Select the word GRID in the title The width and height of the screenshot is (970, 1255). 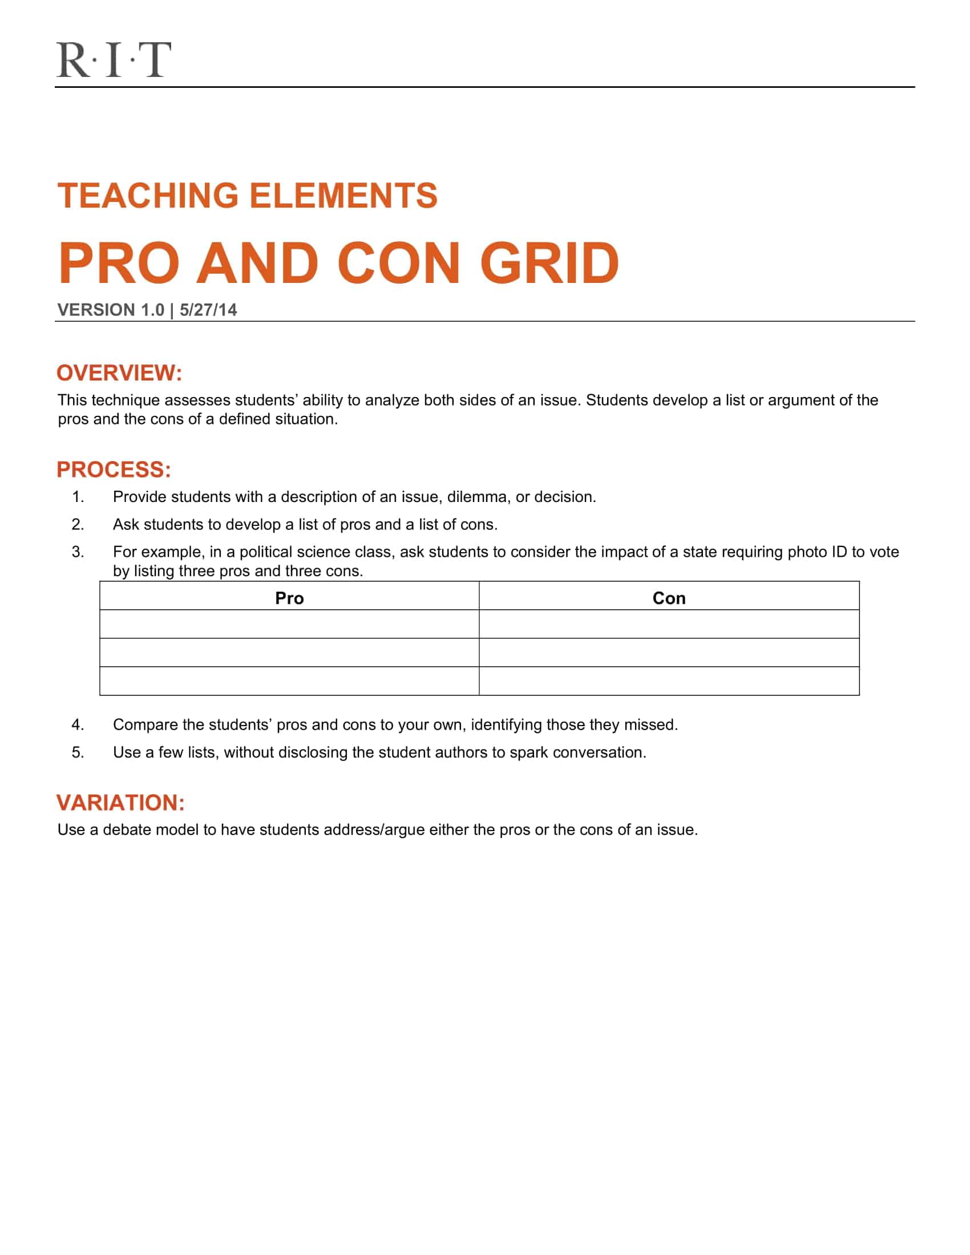pyautogui.click(x=549, y=264)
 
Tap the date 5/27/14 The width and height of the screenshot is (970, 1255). pyautogui.click(x=208, y=310)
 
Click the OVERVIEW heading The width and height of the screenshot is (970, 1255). pyautogui.click(x=119, y=373)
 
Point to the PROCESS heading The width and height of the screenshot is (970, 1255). pyautogui.click(x=114, y=469)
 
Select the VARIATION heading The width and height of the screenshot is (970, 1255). pyautogui.click(x=120, y=803)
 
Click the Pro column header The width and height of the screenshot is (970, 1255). pyautogui.click(x=289, y=598)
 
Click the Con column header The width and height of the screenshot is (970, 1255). pyautogui.click(x=669, y=598)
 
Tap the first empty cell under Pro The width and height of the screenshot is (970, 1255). pyautogui.click(x=289, y=624)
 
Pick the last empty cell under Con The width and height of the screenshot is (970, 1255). pyautogui.click(x=669, y=681)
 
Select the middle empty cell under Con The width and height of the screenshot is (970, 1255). pyautogui.click(x=669, y=652)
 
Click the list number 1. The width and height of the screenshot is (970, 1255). pyautogui.click(x=78, y=497)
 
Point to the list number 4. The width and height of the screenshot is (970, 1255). pyautogui.click(x=78, y=724)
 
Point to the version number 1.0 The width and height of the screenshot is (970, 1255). pyautogui.click(x=152, y=310)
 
